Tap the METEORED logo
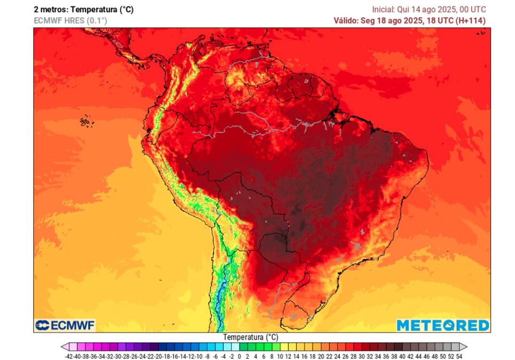click(442, 325)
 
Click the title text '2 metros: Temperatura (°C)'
click(83, 10)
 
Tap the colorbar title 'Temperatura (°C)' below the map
click(251, 338)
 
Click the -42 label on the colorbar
click(68, 355)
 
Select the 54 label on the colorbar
click(459, 355)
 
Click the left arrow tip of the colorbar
click(62, 347)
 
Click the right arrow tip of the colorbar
click(466, 347)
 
